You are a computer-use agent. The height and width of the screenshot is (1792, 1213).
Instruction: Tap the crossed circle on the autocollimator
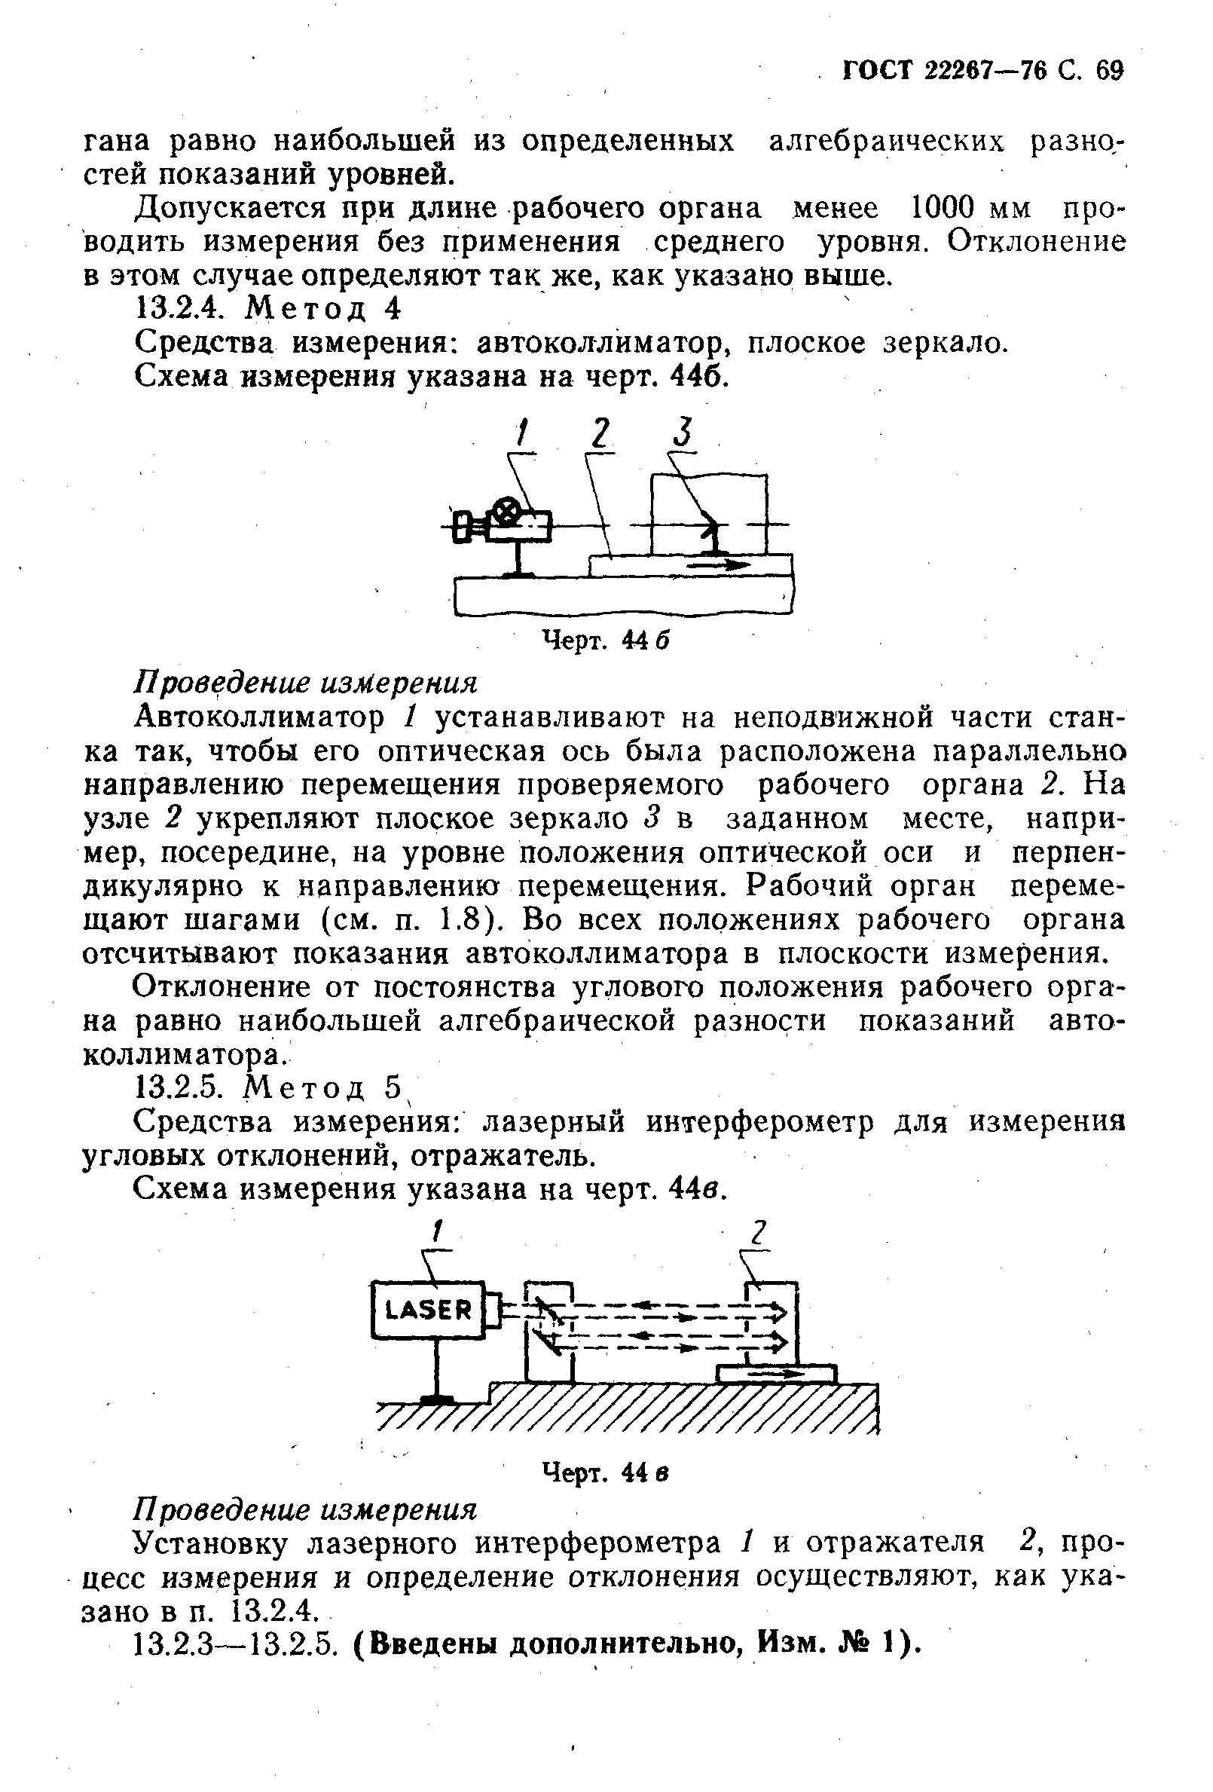[x=506, y=510]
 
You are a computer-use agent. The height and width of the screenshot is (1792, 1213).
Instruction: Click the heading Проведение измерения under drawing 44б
[x=306, y=682]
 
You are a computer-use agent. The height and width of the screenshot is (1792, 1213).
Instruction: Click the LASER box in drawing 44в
[x=429, y=1310]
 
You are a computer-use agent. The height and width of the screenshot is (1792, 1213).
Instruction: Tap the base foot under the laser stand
[x=436, y=1399]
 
